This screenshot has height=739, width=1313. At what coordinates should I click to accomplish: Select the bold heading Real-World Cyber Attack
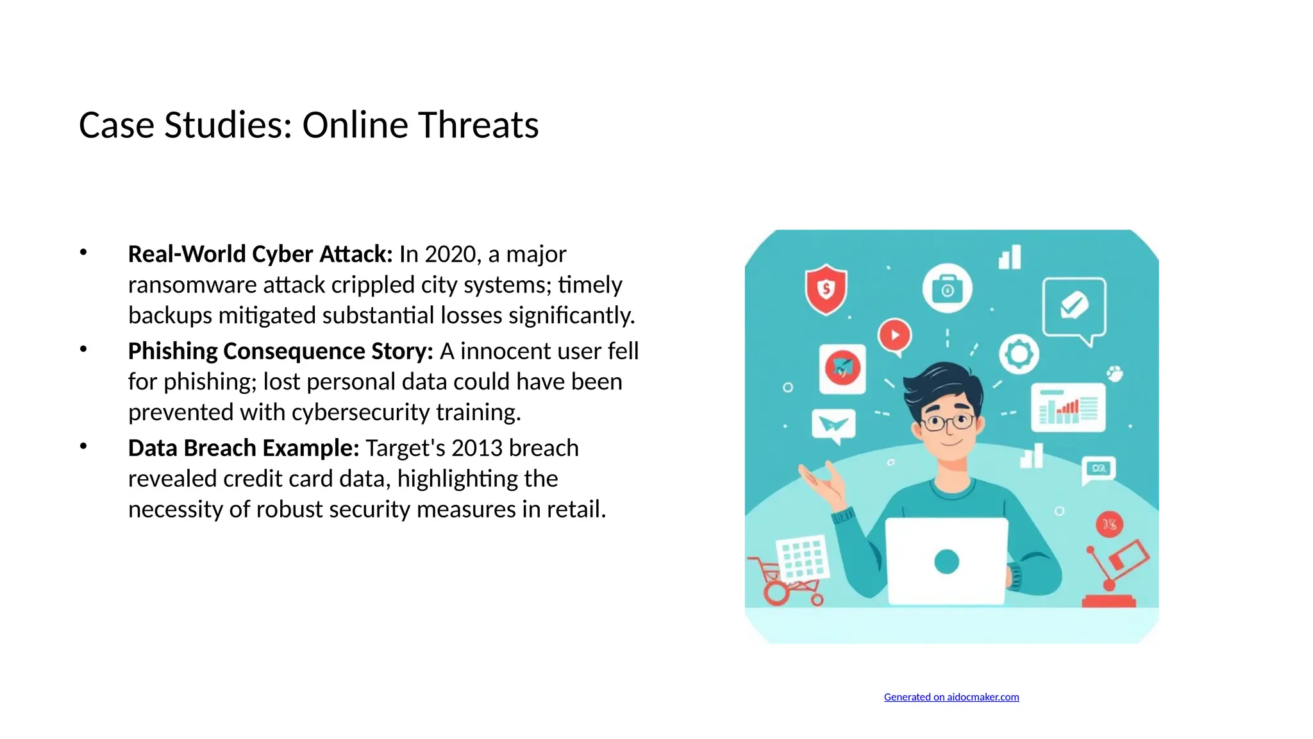[x=260, y=254]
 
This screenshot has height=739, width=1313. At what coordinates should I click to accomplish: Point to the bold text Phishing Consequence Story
[x=281, y=351]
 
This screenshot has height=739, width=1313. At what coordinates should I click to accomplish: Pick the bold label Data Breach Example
[x=244, y=448]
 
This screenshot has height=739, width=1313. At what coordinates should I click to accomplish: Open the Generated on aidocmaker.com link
[x=951, y=697]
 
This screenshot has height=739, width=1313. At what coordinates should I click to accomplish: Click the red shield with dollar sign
[x=826, y=290]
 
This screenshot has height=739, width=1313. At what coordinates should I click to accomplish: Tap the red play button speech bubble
[x=895, y=336]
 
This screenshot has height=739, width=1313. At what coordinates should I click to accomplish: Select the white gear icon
[x=1019, y=353]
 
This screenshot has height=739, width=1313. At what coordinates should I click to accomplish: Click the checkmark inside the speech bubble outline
[x=1074, y=305]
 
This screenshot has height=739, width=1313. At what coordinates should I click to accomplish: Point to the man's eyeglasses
[x=948, y=422]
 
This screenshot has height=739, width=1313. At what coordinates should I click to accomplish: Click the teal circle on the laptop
[x=946, y=561]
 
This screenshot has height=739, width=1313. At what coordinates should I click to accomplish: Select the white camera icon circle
[x=947, y=289]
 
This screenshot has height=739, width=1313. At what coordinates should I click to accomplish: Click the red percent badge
[x=1109, y=525]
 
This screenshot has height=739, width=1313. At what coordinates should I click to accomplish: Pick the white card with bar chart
[x=1068, y=407]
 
